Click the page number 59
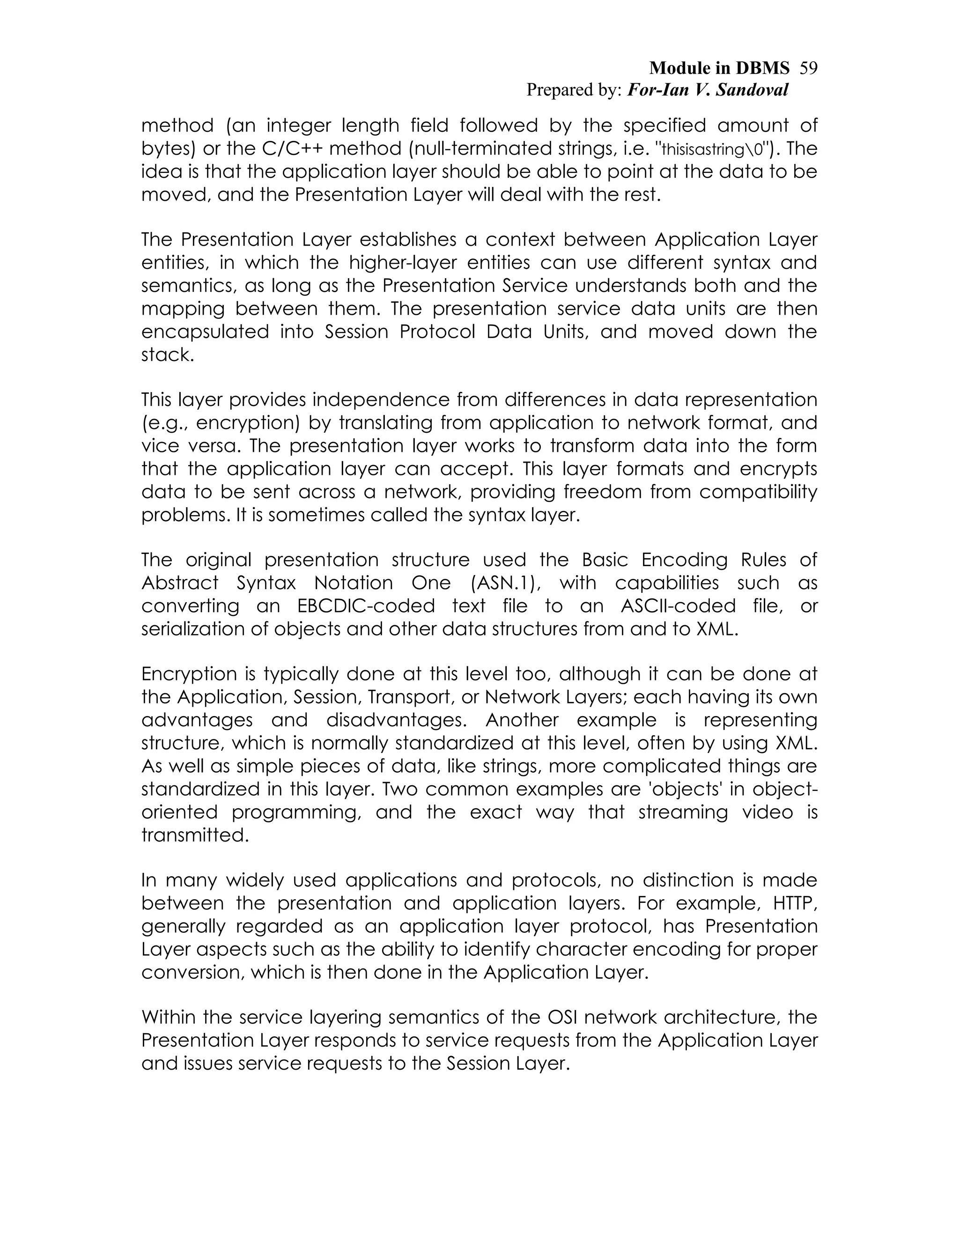point(808,68)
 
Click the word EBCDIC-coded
point(366,606)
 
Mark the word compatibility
point(758,492)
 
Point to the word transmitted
point(195,835)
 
